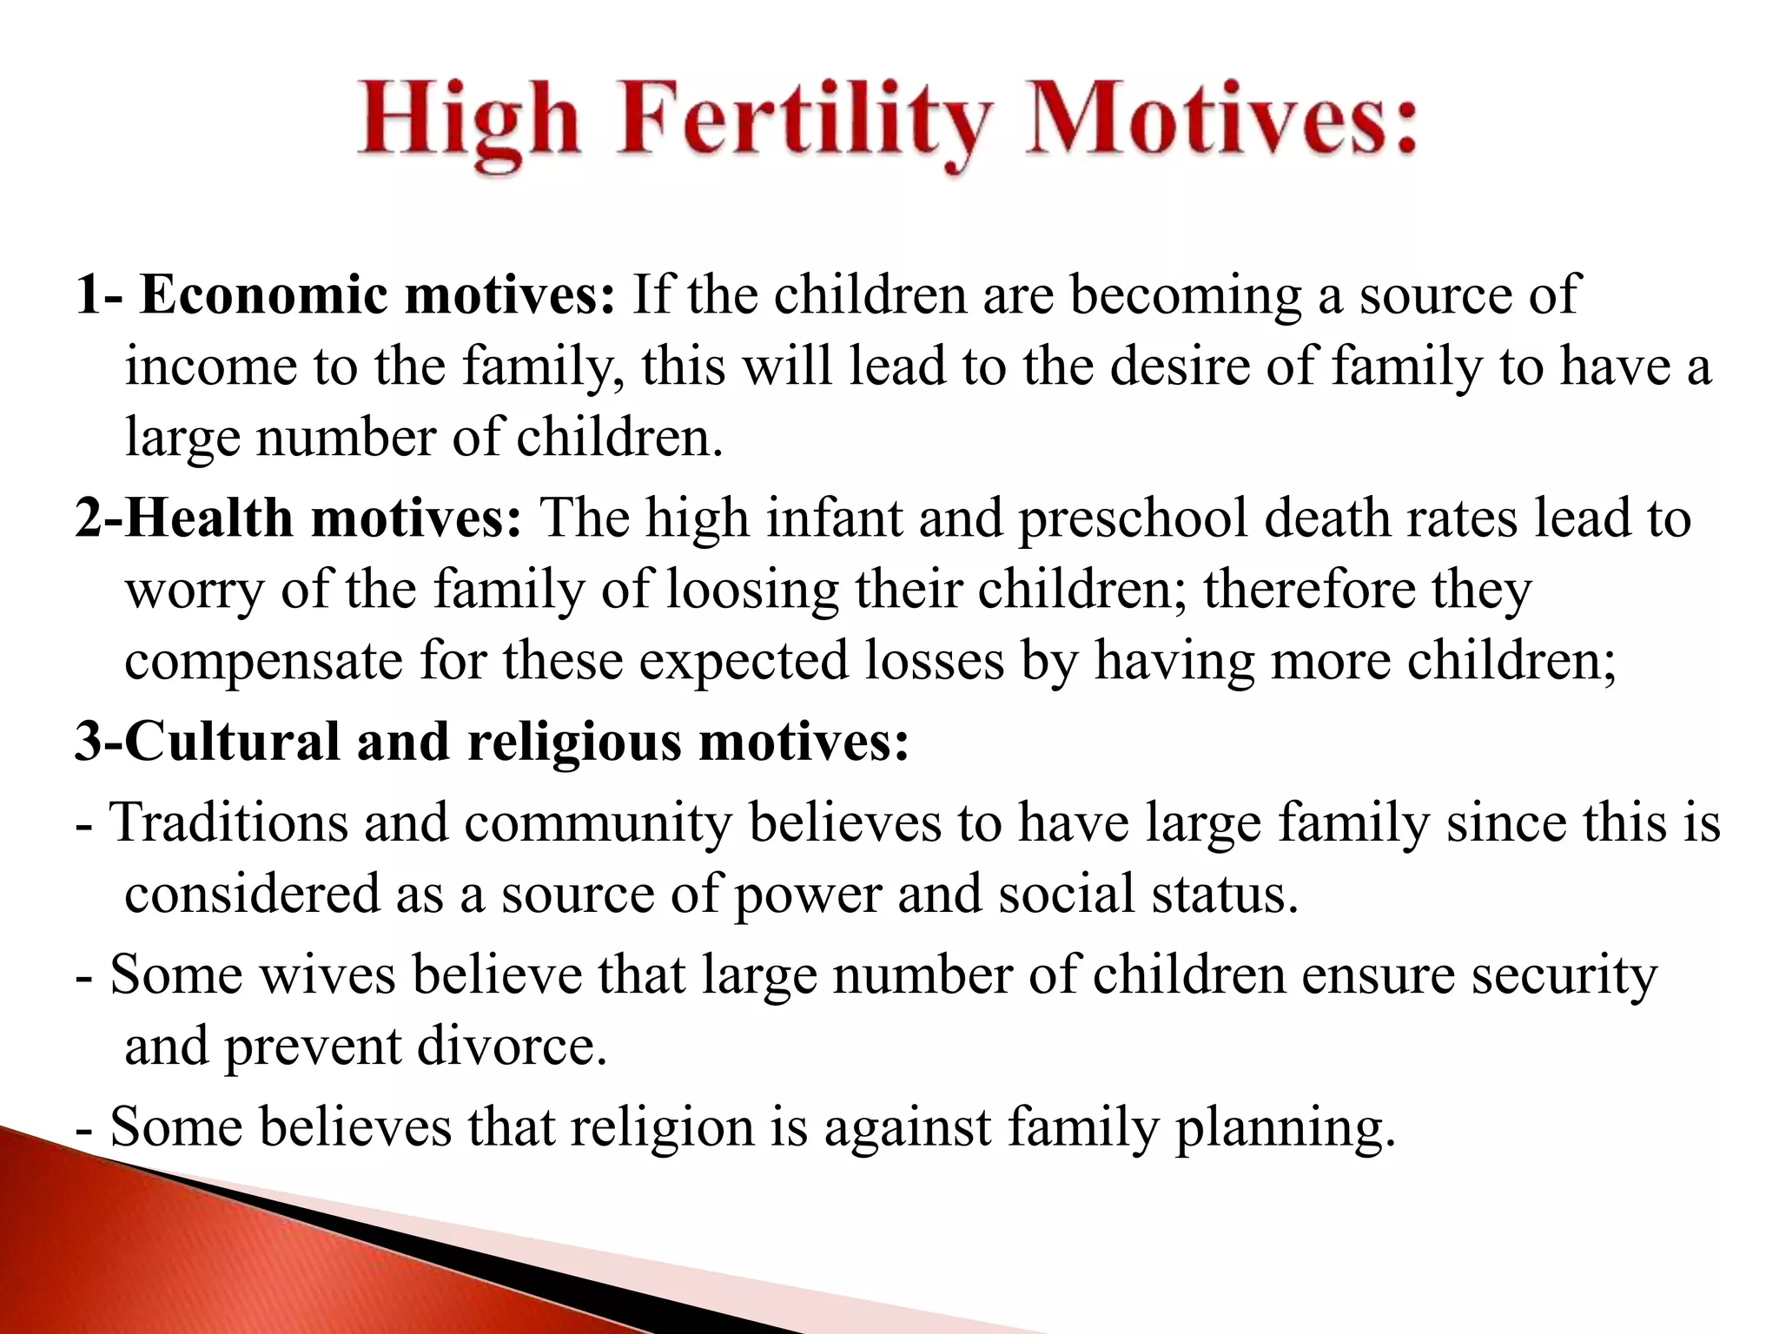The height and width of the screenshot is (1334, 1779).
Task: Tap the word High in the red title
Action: point(469,122)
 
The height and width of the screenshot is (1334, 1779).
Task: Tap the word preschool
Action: point(1133,520)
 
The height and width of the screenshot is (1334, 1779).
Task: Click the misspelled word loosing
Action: point(752,591)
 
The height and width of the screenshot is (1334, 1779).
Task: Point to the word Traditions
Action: point(229,822)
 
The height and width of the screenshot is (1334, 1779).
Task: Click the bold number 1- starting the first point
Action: point(100,295)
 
